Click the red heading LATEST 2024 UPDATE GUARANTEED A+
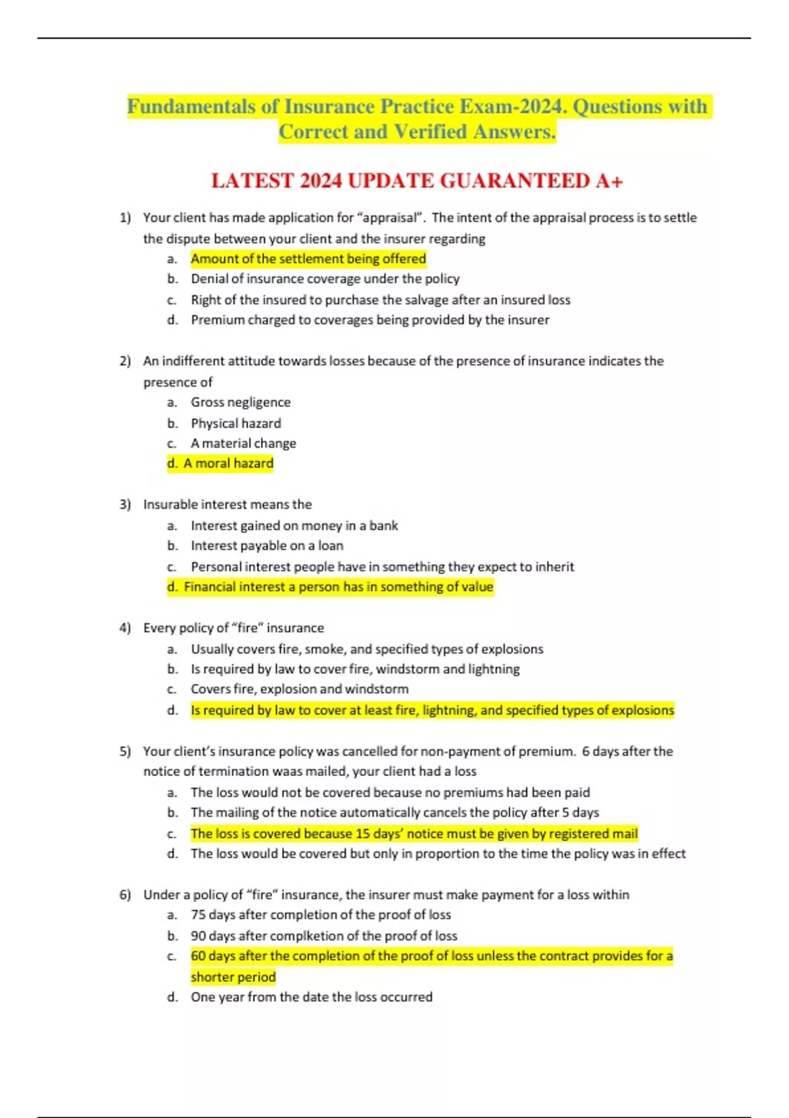pos(416,181)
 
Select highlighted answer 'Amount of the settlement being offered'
pos(308,259)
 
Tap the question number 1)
pos(125,218)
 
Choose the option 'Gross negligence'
pos(241,402)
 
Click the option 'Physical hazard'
pos(236,424)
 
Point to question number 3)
pos(125,504)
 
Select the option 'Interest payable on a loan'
pos(267,546)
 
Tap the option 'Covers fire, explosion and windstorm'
pos(299,689)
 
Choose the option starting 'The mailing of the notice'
pos(394,813)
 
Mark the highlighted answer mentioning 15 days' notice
pos(414,834)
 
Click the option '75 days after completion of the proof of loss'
pos(321,915)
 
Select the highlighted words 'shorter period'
pos(233,977)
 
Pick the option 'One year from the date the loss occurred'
pos(312,997)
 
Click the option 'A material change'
pos(243,444)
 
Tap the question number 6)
pos(125,895)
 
